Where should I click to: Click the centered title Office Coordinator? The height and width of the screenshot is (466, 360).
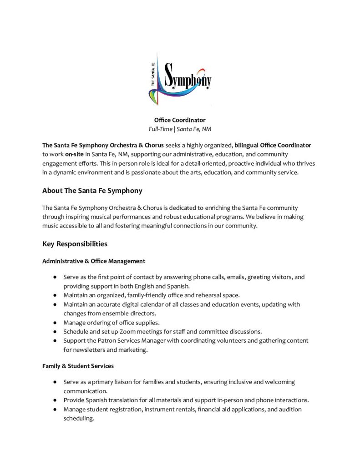coord(180,120)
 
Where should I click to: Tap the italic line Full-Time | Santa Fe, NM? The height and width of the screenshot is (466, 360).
coord(180,129)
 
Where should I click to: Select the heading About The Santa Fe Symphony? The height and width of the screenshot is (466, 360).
coord(92,191)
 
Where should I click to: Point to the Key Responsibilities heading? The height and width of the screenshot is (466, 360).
coord(75,243)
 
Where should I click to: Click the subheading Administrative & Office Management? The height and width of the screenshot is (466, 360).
coord(94,261)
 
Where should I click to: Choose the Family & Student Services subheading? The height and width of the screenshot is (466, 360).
coord(78,366)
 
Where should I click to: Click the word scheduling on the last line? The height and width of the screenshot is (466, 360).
coord(78,418)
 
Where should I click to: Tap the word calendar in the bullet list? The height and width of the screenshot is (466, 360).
coord(145,304)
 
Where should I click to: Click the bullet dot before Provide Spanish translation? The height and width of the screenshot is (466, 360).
coord(55,400)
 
